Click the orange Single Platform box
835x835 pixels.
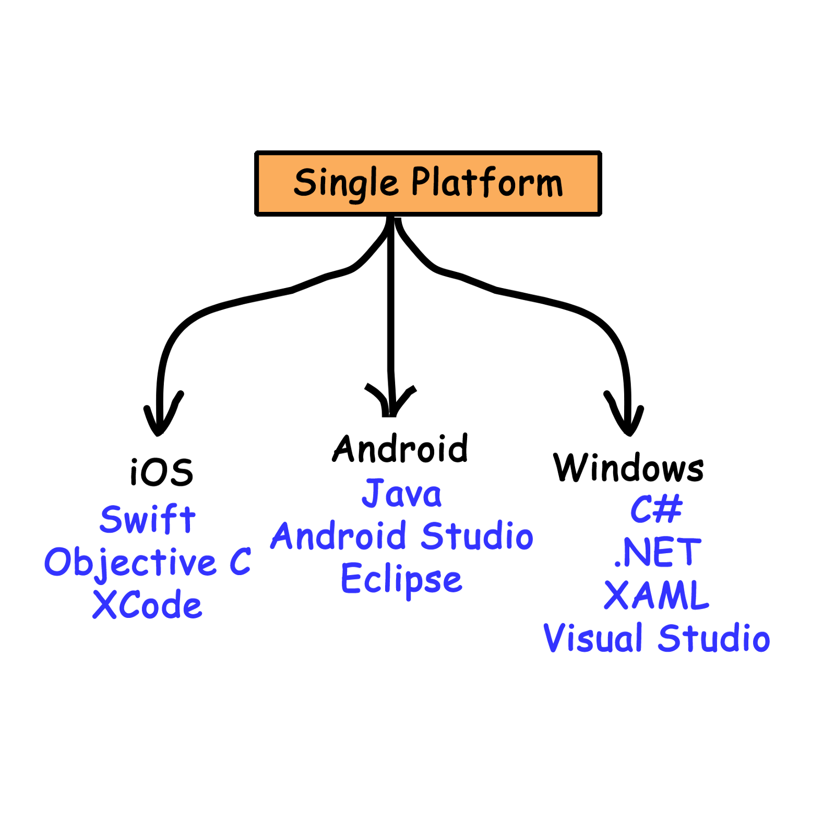tap(428, 183)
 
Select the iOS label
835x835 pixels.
tap(162, 472)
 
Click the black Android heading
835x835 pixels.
tap(400, 448)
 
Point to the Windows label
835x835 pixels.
tap(628, 468)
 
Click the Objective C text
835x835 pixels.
tap(148, 562)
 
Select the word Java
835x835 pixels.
tap(402, 493)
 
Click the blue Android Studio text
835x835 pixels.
tap(402, 535)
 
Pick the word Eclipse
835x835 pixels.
tap(401, 579)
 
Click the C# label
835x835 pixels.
tap(656, 509)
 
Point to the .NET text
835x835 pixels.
tap(657, 552)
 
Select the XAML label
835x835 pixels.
tap(657, 595)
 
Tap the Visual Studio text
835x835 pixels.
tap(657, 638)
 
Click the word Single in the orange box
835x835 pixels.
tap(346, 184)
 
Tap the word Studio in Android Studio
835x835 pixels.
tap(477, 535)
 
